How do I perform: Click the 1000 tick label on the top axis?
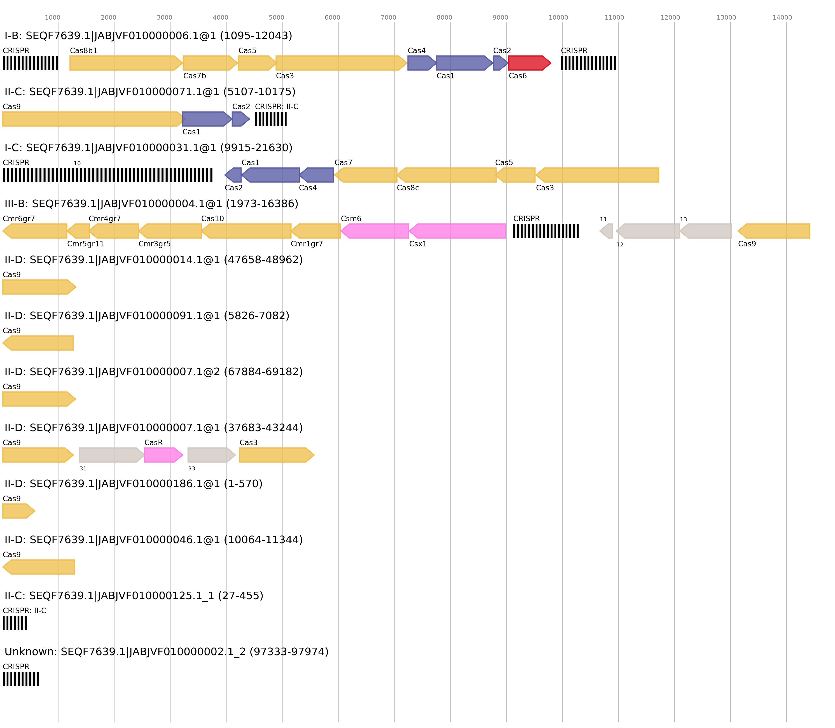pyautogui.click(x=52, y=17)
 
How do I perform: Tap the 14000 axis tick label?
pyautogui.click(x=782, y=17)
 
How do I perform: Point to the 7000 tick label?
pyautogui.click(x=388, y=17)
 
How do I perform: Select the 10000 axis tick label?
pyautogui.click(x=558, y=17)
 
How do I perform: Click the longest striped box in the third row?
pyautogui.click(x=107, y=175)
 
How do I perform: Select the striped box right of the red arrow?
pyautogui.click(x=588, y=63)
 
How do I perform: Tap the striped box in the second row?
pyautogui.click(x=270, y=119)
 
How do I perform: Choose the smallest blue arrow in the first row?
pyautogui.click(x=500, y=63)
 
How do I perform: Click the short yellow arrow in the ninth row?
pyautogui.click(x=18, y=511)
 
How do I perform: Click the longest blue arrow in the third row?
pyautogui.click(x=271, y=175)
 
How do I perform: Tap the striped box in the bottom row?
pyautogui.click(x=21, y=679)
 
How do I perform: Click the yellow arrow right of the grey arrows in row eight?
pyautogui.click(x=277, y=455)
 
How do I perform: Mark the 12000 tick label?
pyautogui.click(x=670, y=17)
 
